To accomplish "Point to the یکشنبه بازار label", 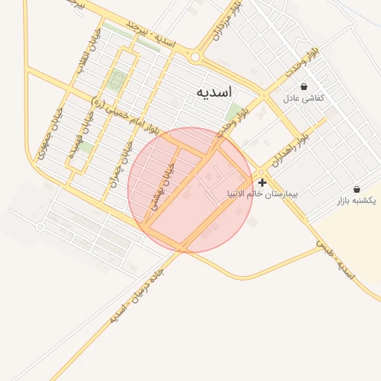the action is point(356,201).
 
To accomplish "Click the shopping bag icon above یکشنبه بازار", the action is point(356,190).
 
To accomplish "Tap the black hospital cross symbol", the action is point(262,182).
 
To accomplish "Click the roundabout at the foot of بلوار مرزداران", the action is point(196,57).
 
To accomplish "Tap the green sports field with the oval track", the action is point(116,78).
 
